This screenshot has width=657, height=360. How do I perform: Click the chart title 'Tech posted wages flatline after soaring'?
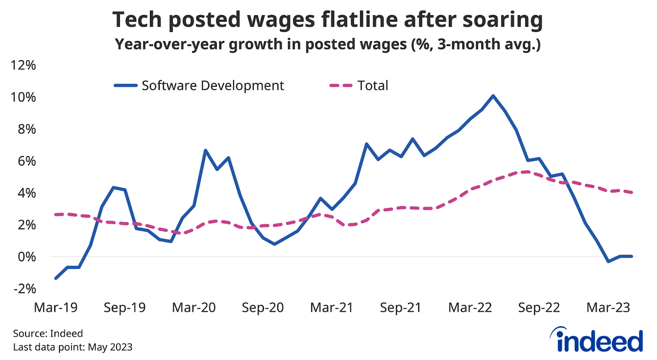coord(328,20)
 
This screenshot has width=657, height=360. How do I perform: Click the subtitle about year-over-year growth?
coord(328,44)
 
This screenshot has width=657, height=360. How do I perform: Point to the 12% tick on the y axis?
coord(24,65)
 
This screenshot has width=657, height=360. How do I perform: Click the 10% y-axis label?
coord(24,97)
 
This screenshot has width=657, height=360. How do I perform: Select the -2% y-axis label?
coord(25,289)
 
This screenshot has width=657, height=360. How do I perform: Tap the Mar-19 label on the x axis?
coord(56,307)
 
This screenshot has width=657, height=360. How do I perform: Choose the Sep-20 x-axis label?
coord(263,307)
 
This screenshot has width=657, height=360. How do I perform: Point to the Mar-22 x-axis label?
coord(470,307)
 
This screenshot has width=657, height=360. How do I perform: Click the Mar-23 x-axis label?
coord(608,307)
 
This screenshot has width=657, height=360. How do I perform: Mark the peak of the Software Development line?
coord(493,96)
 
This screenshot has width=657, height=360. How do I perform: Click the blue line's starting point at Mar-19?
coord(56,278)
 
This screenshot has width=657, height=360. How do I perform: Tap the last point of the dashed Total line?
coord(632,192)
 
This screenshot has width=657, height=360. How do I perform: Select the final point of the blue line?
coord(632,256)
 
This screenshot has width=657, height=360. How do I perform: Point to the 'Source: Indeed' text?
coord(48,333)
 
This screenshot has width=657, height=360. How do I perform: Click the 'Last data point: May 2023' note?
coord(73,347)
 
